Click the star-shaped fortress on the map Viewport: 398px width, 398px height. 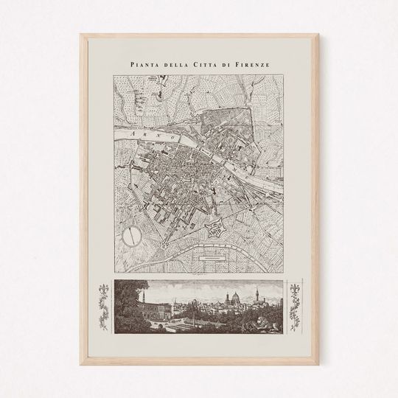point(214,227)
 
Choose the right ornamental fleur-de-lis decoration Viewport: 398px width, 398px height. point(297,304)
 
